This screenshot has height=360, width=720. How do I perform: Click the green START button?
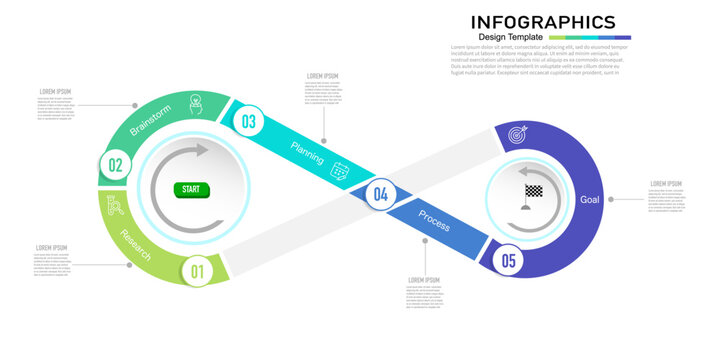point(190,189)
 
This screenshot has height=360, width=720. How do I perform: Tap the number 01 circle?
point(197,270)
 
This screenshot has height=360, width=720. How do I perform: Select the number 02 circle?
point(115,166)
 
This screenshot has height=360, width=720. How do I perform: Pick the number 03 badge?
point(248,122)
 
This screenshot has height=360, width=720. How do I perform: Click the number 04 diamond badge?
point(380,195)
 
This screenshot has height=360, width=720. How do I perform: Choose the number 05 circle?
point(509,261)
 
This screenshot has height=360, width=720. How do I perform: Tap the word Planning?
point(307,153)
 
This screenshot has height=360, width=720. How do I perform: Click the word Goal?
point(590,200)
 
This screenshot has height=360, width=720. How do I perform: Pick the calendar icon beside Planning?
point(340,170)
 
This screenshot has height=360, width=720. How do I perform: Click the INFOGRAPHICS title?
point(543,22)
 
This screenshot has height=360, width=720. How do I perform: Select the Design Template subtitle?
point(511,37)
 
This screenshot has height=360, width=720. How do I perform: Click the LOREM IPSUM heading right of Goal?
point(666,184)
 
